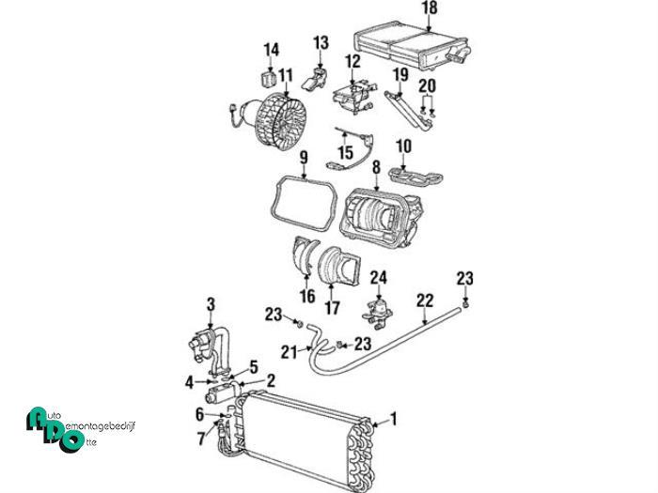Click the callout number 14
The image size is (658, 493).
[x=271, y=49]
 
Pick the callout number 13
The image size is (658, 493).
[x=321, y=42]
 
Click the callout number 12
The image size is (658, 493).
[x=352, y=62]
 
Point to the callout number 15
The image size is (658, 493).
[x=345, y=150]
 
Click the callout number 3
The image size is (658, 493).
[x=211, y=303]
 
